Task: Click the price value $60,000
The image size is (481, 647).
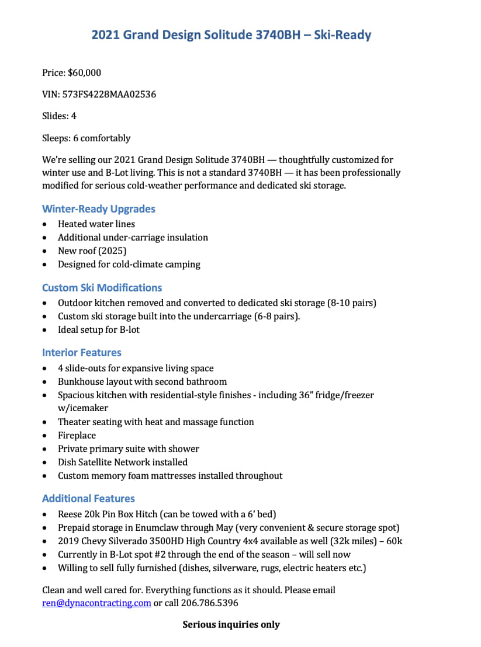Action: click(x=84, y=72)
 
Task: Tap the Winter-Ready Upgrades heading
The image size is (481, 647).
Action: click(x=99, y=209)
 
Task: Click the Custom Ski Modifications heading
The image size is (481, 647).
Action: click(x=102, y=288)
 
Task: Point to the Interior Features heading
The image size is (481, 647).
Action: click(x=82, y=353)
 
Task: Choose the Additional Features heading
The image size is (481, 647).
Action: click(x=88, y=499)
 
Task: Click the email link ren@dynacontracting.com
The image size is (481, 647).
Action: click(x=96, y=603)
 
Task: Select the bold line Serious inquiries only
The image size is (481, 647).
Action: click(x=231, y=625)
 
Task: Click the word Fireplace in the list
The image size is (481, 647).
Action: click(x=77, y=436)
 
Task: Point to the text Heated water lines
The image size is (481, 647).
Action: click(x=96, y=224)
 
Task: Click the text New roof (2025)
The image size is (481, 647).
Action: click(x=92, y=251)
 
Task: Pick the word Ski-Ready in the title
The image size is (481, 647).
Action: click(x=342, y=35)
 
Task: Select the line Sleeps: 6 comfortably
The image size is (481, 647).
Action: click(x=86, y=138)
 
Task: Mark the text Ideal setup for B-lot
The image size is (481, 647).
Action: click(x=99, y=330)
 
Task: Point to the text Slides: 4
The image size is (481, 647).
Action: click(x=59, y=116)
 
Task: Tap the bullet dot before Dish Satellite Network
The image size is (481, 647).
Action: click(x=46, y=463)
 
